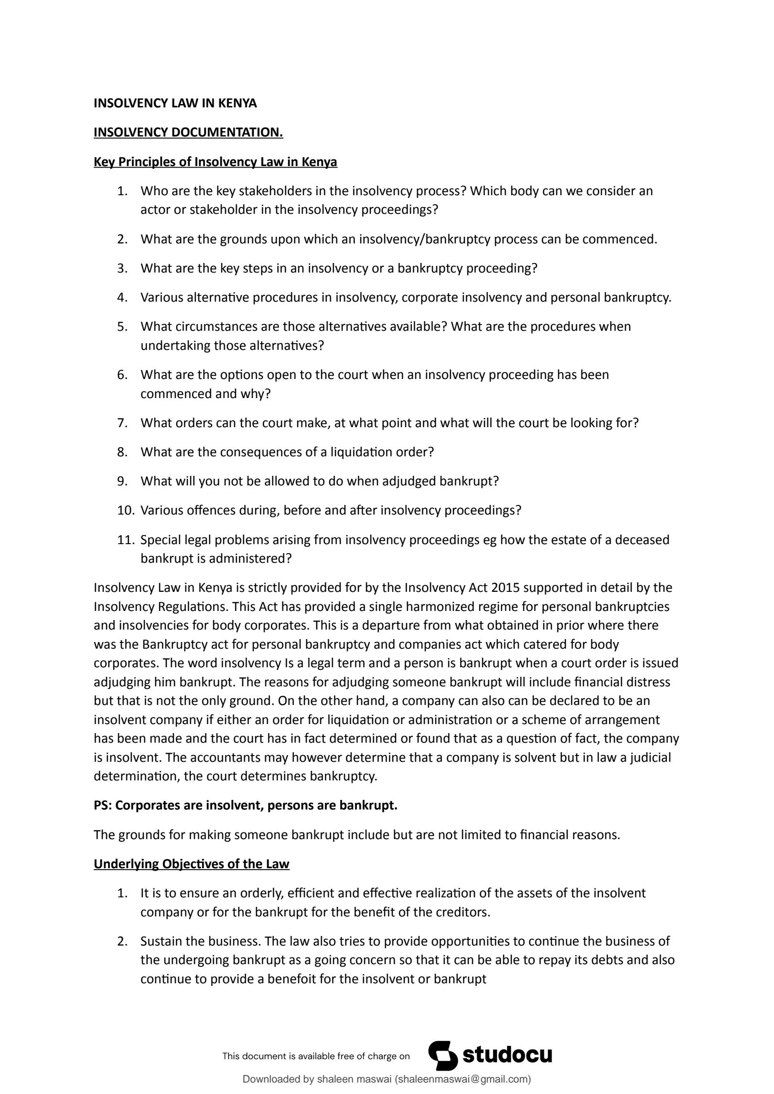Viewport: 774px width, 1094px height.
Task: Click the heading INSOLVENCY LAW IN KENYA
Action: pyautogui.click(x=175, y=103)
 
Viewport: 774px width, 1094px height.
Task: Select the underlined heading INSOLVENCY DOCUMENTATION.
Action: pyautogui.click(x=188, y=132)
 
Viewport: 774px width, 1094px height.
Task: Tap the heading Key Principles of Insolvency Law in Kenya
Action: pyautogui.click(x=215, y=162)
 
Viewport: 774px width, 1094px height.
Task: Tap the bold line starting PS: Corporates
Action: pyautogui.click(x=246, y=805)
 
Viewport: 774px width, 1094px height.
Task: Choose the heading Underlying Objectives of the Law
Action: pyautogui.click(x=191, y=864)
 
